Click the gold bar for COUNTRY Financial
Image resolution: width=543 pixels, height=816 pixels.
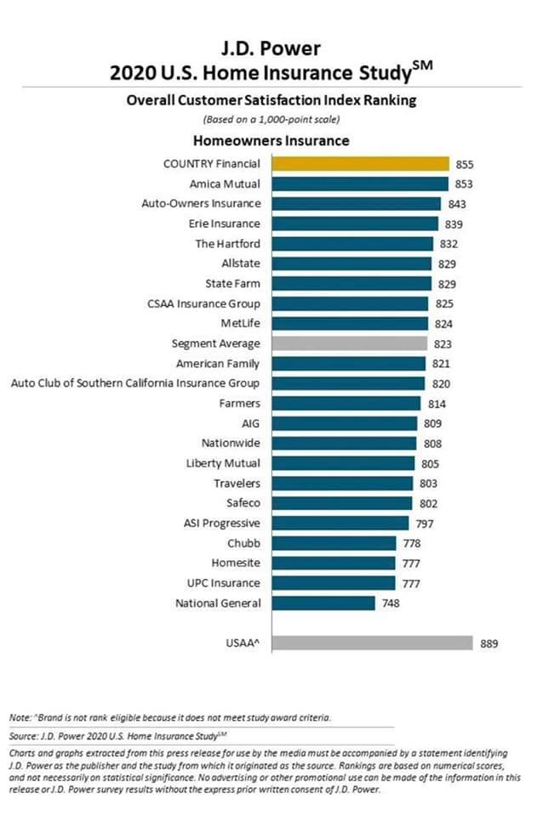pos(360,164)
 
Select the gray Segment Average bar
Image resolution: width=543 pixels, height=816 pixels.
pos(349,343)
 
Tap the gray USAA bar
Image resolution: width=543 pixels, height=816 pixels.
pos(372,643)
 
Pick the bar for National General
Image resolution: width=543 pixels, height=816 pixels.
pos(323,603)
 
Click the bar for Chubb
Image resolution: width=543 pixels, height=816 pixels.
pos(334,543)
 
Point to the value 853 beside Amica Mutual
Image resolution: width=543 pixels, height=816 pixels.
pos(464,184)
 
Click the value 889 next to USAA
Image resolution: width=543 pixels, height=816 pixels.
pos(489,643)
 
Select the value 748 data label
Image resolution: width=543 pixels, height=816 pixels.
pos(391,603)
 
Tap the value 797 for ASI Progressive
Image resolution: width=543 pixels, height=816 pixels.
pos(425,524)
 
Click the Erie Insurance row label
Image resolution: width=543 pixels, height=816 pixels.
pos(224,224)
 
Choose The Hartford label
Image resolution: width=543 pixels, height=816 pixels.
pos(228,244)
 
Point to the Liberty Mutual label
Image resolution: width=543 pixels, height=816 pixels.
pos(223,463)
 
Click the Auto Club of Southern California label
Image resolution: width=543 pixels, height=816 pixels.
pos(135,383)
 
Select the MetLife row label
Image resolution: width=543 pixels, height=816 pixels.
pos(240,323)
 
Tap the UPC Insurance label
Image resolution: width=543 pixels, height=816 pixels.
pos(224,583)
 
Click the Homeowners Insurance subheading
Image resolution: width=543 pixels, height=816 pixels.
pos(271,140)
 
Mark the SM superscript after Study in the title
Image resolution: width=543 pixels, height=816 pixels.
pos(422,65)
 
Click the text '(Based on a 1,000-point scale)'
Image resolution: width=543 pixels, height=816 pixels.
pos(271,119)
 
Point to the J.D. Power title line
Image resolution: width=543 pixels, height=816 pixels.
pos(271,48)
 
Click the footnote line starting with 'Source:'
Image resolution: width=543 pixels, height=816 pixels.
pos(118,736)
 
